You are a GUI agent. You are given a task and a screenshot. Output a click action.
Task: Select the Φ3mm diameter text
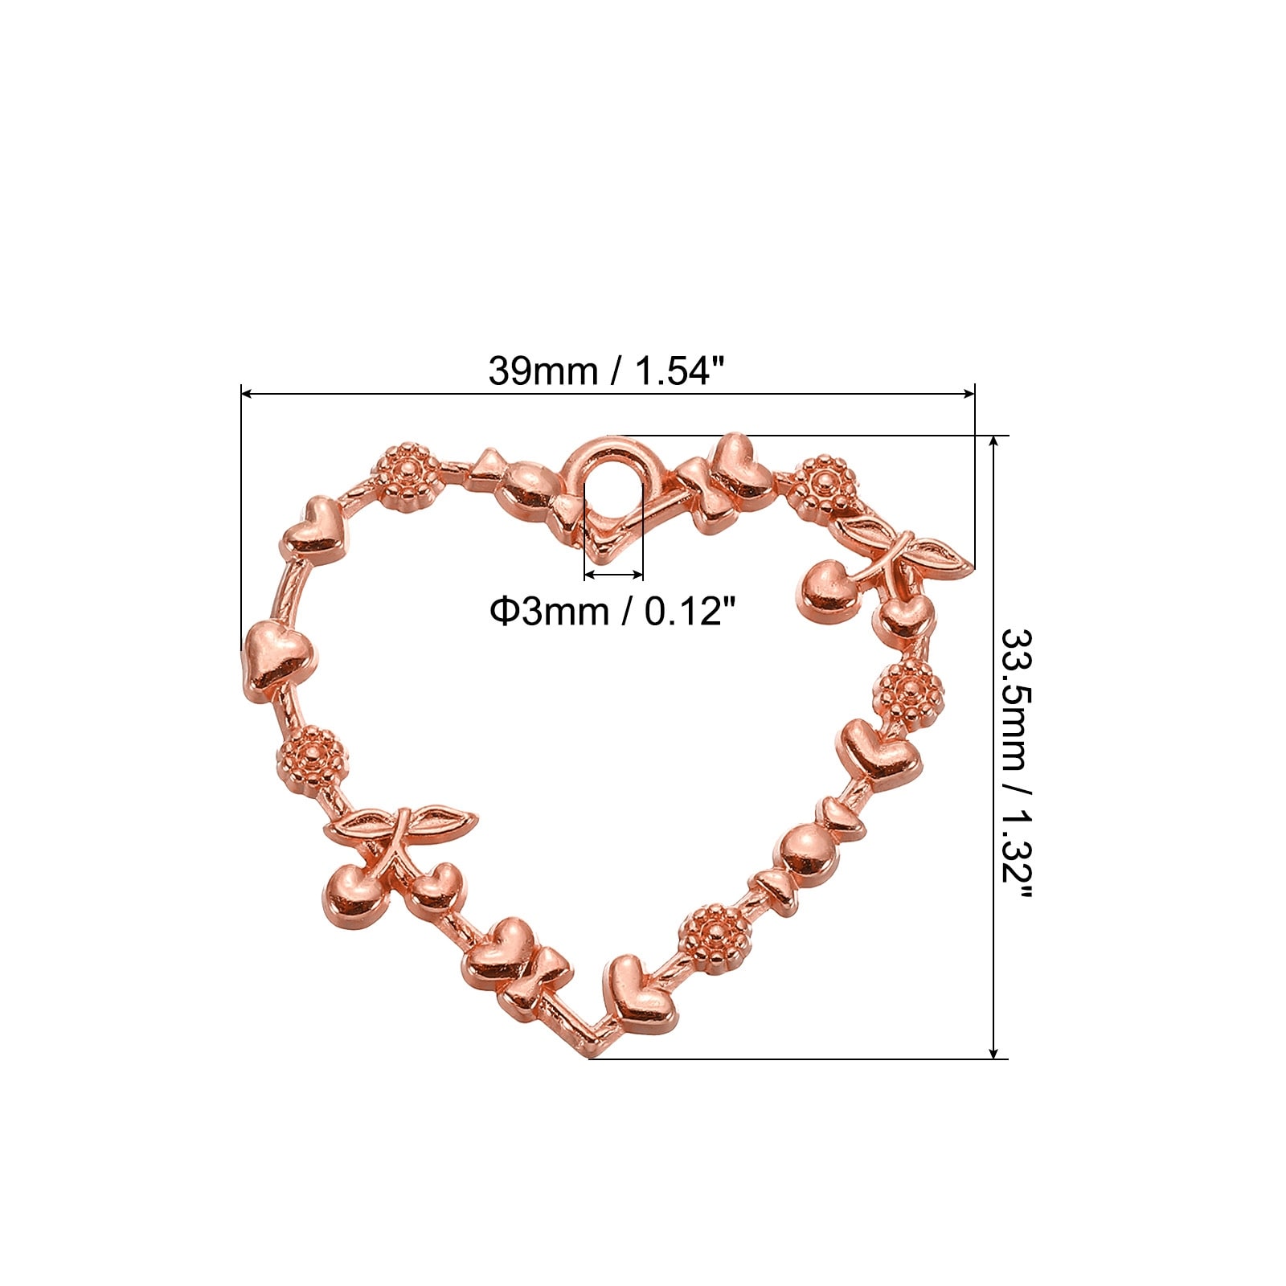coord(549,612)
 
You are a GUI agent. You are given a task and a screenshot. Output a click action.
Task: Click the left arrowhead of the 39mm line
coord(248,394)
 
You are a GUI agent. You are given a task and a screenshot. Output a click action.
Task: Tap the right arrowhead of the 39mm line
coord(969,394)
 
